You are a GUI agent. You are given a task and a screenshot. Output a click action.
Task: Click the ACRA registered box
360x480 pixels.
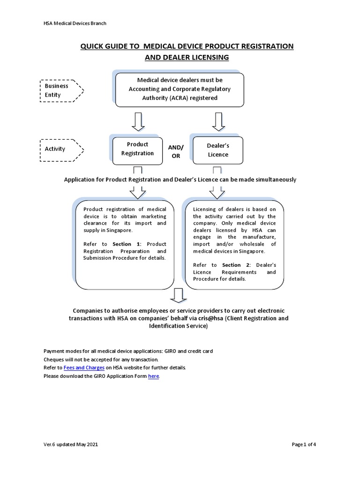[180, 90]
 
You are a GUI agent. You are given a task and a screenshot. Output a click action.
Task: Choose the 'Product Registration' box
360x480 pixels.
[137, 149]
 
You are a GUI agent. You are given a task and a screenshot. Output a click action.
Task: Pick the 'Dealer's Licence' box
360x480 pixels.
[218, 150]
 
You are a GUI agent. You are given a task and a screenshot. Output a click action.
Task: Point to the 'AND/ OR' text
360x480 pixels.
[176, 151]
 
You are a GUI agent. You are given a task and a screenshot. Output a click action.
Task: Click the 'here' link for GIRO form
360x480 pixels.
[153, 376]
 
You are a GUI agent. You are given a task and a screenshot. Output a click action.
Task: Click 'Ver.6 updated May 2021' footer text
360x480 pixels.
[71, 444]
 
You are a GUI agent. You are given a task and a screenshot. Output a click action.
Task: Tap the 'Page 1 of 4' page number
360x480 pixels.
[307, 444]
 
